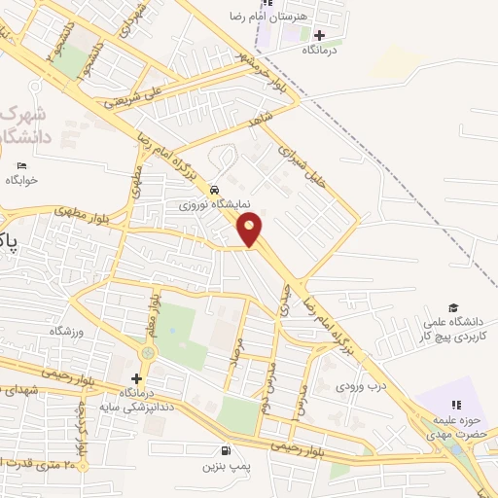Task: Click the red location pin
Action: (x=250, y=230)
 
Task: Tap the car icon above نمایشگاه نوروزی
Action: (x=215, y=190)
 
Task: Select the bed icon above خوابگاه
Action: (x=22, y=165)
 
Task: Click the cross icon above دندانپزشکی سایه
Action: (x=136, y=378)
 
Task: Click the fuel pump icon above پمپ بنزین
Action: (x=227, y=450)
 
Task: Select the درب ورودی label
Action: (x=362, y=385)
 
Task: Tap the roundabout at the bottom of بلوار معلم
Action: (x=148, y=352)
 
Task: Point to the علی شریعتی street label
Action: (x=133, y=93)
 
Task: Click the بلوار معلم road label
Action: (x=153, y=313)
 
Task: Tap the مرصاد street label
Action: (x=234, y=359)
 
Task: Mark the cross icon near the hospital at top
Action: (x=319, y=35)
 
